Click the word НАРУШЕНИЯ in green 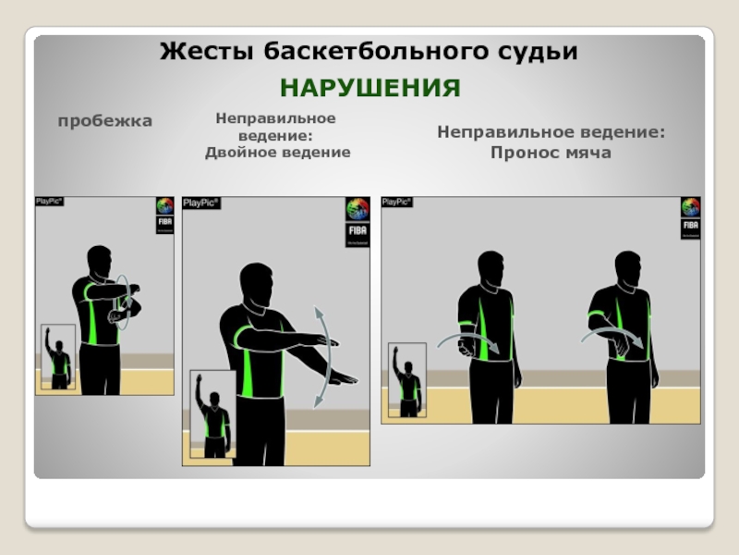(x=370, y=88)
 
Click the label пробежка (x=105, y=121)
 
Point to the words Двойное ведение (x=278, y=153)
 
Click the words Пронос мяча (x=551, y=153)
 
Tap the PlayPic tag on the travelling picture (x=50, y=202)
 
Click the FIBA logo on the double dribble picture (x=357, y=222)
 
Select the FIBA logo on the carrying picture (x=690, y=218)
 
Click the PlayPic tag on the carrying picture (x=397, y=202)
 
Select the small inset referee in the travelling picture (x=58, y=357)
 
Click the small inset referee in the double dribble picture (x=213, y=414)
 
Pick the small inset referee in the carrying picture (x=407, y=380)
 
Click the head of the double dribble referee (x=257, y=285)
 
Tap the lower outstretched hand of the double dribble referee (x=343, y=377)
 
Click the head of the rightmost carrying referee (x=629, y=268)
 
